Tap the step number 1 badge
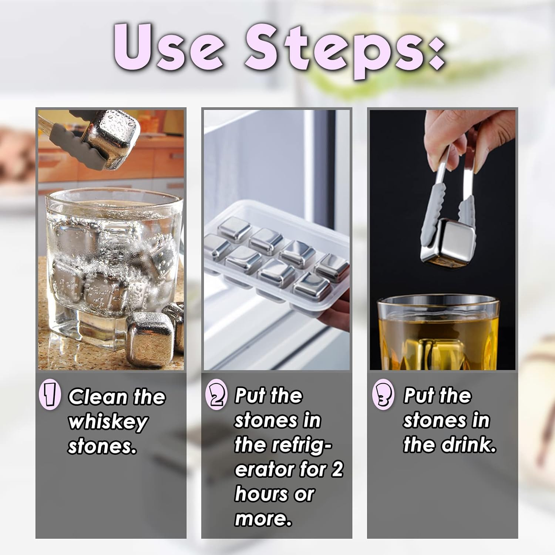tap(50, 396)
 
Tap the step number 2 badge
tap(215, 396)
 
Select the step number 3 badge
tap(383, 396)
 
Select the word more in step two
tap(262, 519)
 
